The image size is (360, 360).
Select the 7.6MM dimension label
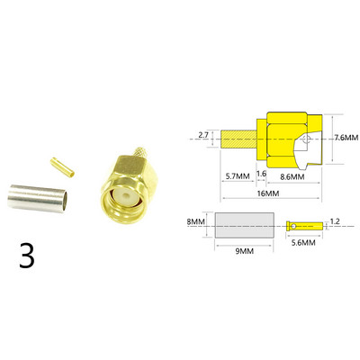coord(346,138)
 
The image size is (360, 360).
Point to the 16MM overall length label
coord(267,193)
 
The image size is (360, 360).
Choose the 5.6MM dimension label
coord(304,243)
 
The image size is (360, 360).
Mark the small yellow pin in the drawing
coord(301,224)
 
